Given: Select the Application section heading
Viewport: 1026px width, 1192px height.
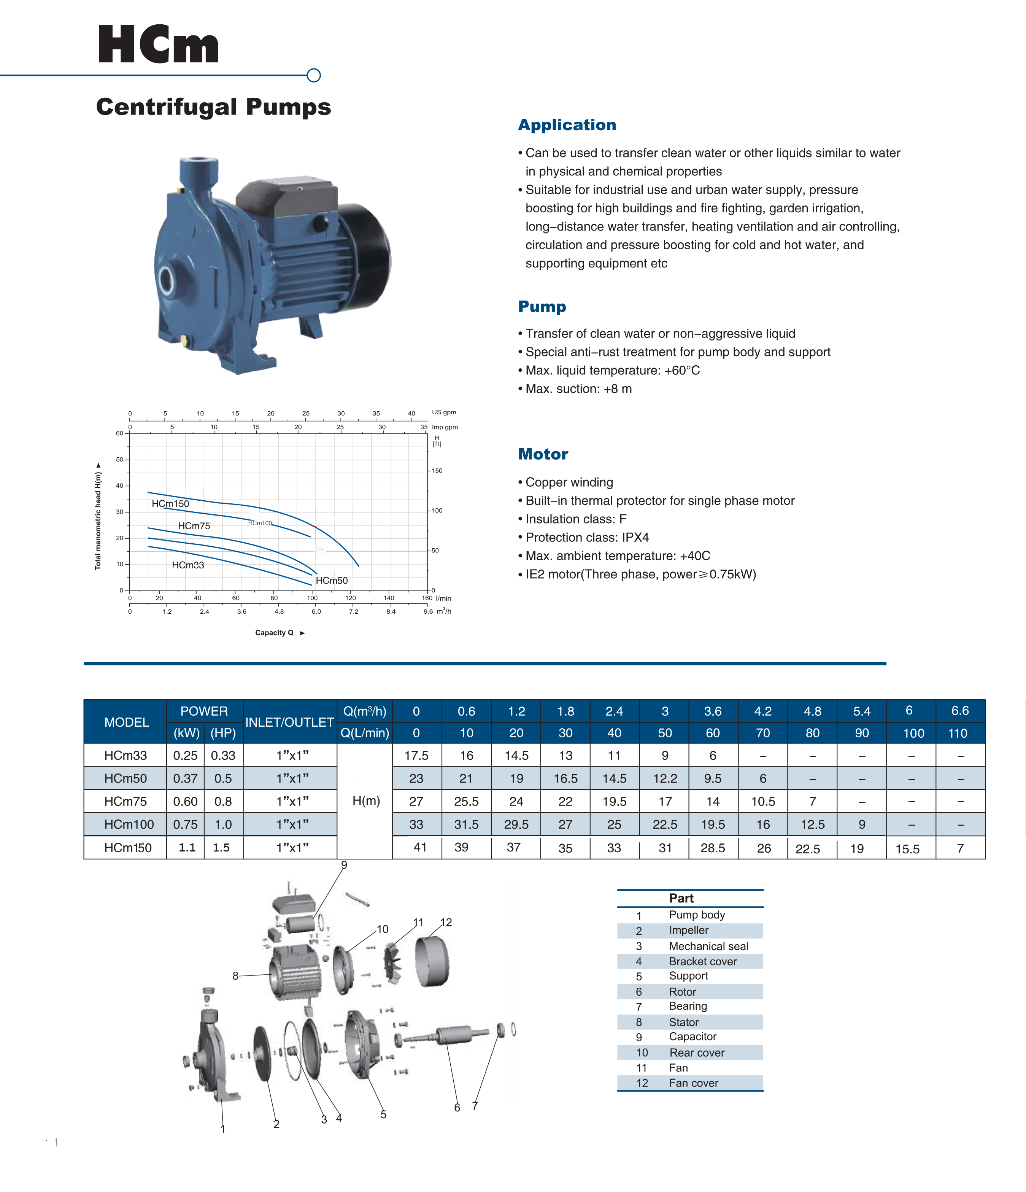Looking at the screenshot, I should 567,125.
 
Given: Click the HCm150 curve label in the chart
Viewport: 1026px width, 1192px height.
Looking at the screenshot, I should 170,503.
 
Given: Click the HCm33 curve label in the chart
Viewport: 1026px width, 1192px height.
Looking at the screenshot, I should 188,565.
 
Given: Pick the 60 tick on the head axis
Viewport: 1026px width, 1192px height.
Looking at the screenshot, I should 120,433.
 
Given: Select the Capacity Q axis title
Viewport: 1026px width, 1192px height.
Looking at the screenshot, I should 275,633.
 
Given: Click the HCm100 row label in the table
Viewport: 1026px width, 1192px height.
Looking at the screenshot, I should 129,824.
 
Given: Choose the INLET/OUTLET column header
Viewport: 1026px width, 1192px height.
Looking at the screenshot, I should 289,722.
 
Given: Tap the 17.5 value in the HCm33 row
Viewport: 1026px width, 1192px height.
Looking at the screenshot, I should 416,755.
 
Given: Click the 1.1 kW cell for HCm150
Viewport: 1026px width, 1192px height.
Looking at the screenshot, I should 187,847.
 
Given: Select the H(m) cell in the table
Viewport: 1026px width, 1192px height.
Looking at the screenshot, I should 366,801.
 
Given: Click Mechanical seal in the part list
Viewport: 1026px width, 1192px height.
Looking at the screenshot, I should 708,946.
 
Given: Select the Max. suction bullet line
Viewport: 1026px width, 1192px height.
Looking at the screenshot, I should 578,389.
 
